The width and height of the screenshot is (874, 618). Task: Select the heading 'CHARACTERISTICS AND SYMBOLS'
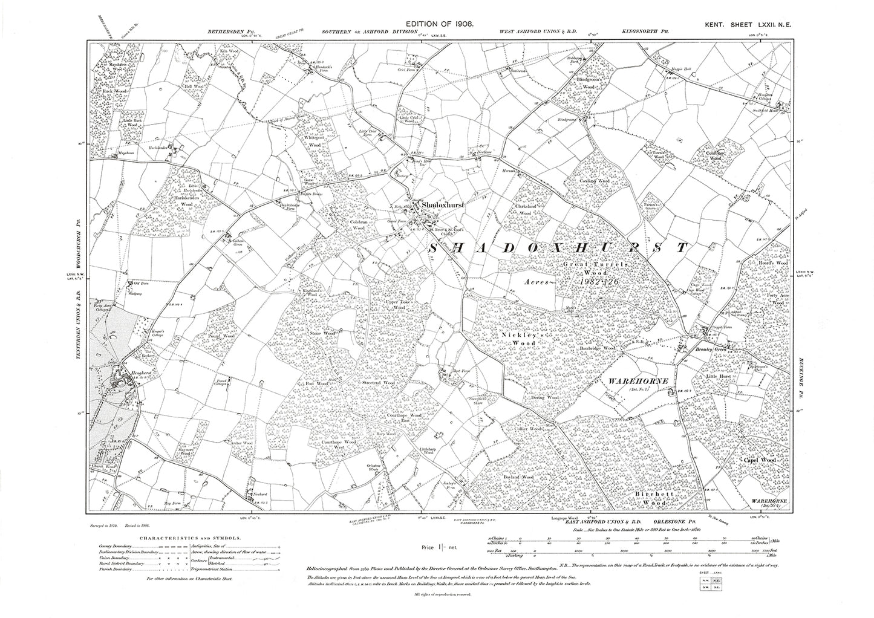tap(191, 537)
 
